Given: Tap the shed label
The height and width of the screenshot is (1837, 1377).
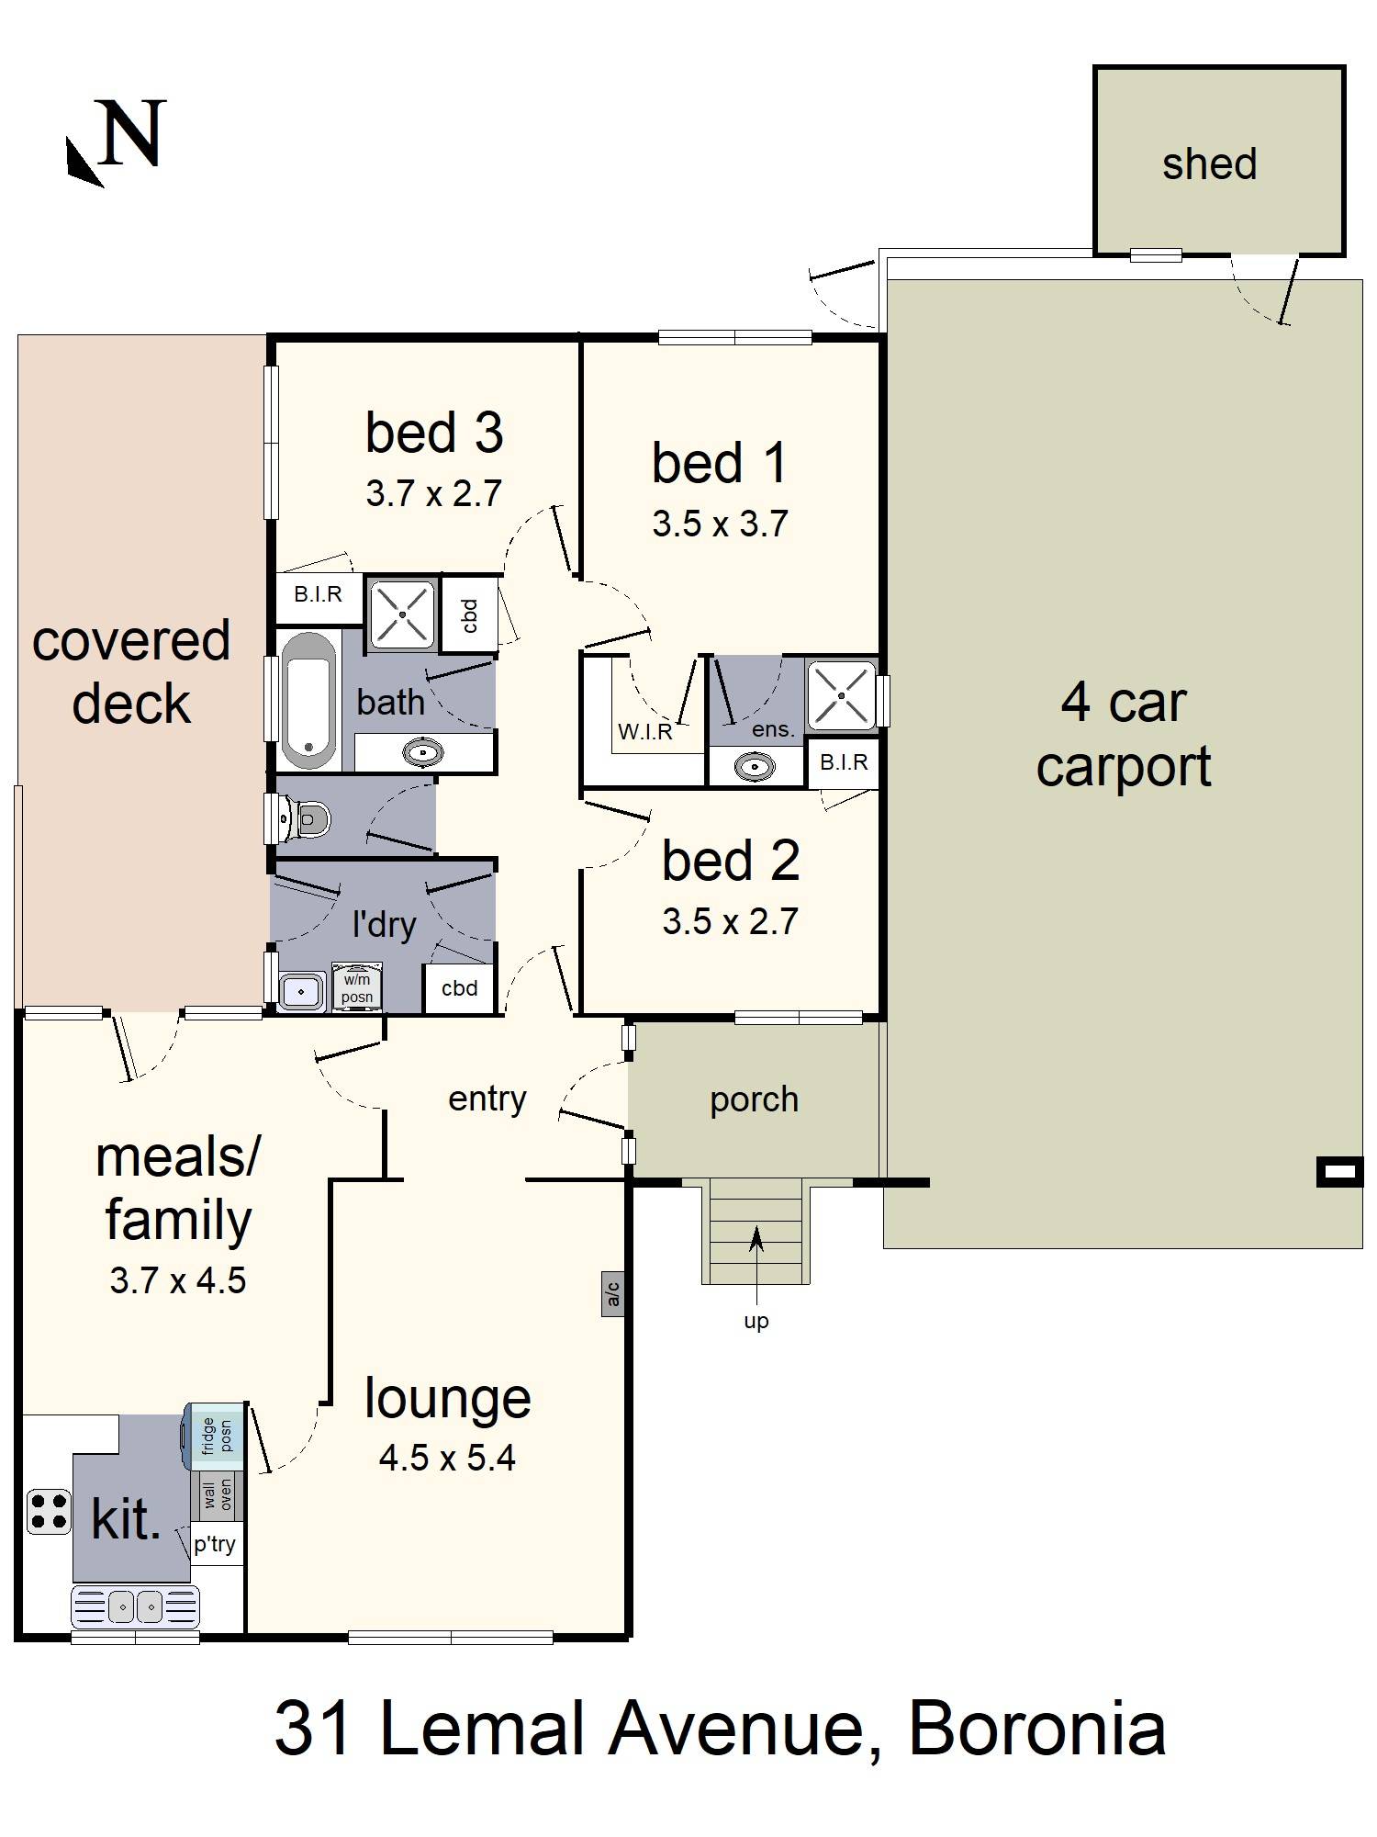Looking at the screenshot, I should point(1209,164).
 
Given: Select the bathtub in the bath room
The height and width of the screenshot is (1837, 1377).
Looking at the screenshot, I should point(308,700).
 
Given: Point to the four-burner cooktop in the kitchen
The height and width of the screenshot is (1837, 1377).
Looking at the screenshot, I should point(48,1511).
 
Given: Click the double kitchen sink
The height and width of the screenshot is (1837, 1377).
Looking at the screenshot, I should point(135,1606).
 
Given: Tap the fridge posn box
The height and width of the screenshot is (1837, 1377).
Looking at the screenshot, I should point(218,1436).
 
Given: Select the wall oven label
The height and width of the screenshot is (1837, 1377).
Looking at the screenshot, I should point(218,1495).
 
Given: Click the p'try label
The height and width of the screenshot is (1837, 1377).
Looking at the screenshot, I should point(215,1544).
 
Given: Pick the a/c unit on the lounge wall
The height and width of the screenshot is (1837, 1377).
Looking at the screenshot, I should point(612,1294).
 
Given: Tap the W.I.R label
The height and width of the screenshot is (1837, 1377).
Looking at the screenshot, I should point(645,732).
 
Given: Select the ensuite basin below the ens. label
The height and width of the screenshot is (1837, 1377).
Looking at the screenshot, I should point(756,766).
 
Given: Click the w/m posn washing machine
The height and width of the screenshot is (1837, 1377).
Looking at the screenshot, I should point(357,987).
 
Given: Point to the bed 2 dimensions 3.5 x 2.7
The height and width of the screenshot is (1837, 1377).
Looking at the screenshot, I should point(730,921).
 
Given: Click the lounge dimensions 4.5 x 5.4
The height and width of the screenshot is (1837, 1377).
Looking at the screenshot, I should point(447,1458).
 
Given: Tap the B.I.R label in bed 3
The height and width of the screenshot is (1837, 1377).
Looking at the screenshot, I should point(318,594).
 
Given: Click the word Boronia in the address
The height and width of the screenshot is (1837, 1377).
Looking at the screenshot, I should point(1036,1729).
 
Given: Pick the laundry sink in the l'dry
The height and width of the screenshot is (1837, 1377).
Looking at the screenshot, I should point(300,992).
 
